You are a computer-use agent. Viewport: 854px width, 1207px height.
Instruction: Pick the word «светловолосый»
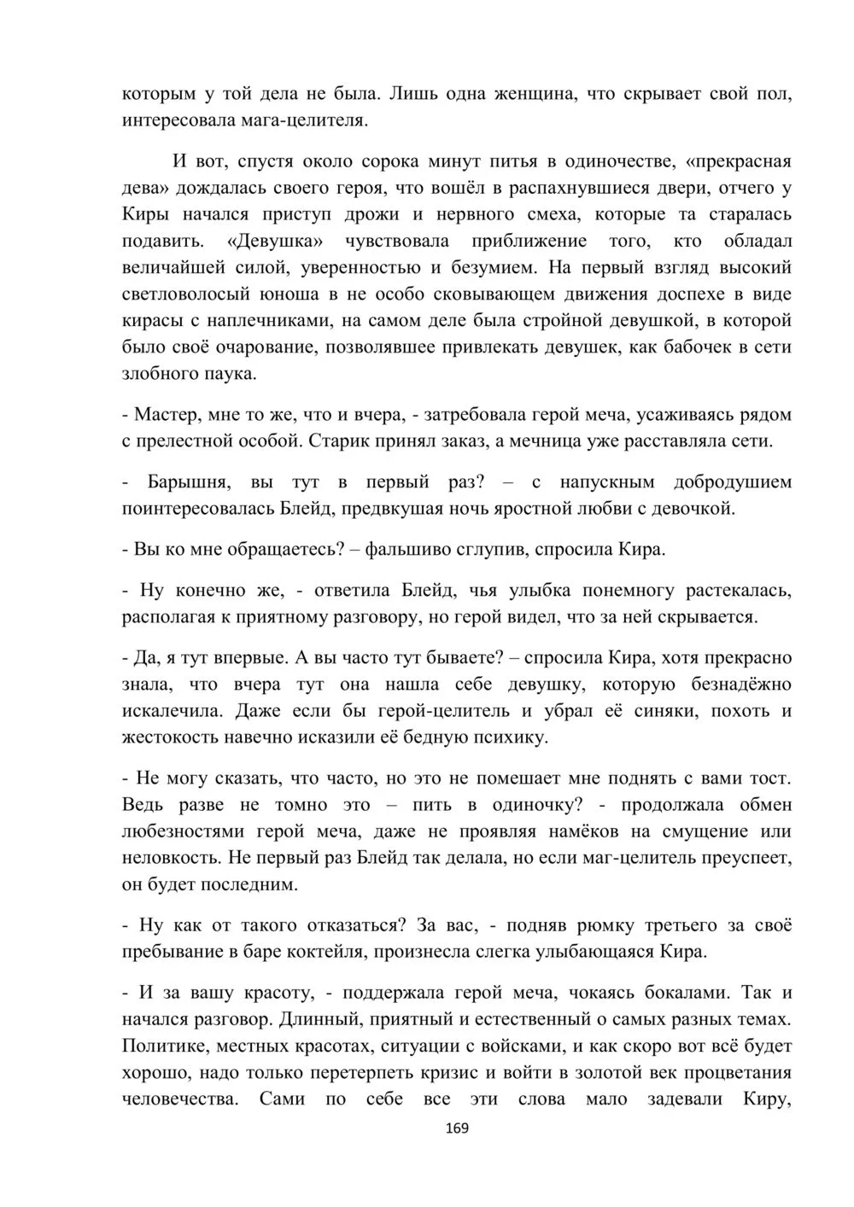[x=186, y=294]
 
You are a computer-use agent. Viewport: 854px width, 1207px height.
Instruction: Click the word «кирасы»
[x=151, y=321]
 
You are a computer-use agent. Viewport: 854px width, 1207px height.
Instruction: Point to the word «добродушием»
[x=733, y=482]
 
